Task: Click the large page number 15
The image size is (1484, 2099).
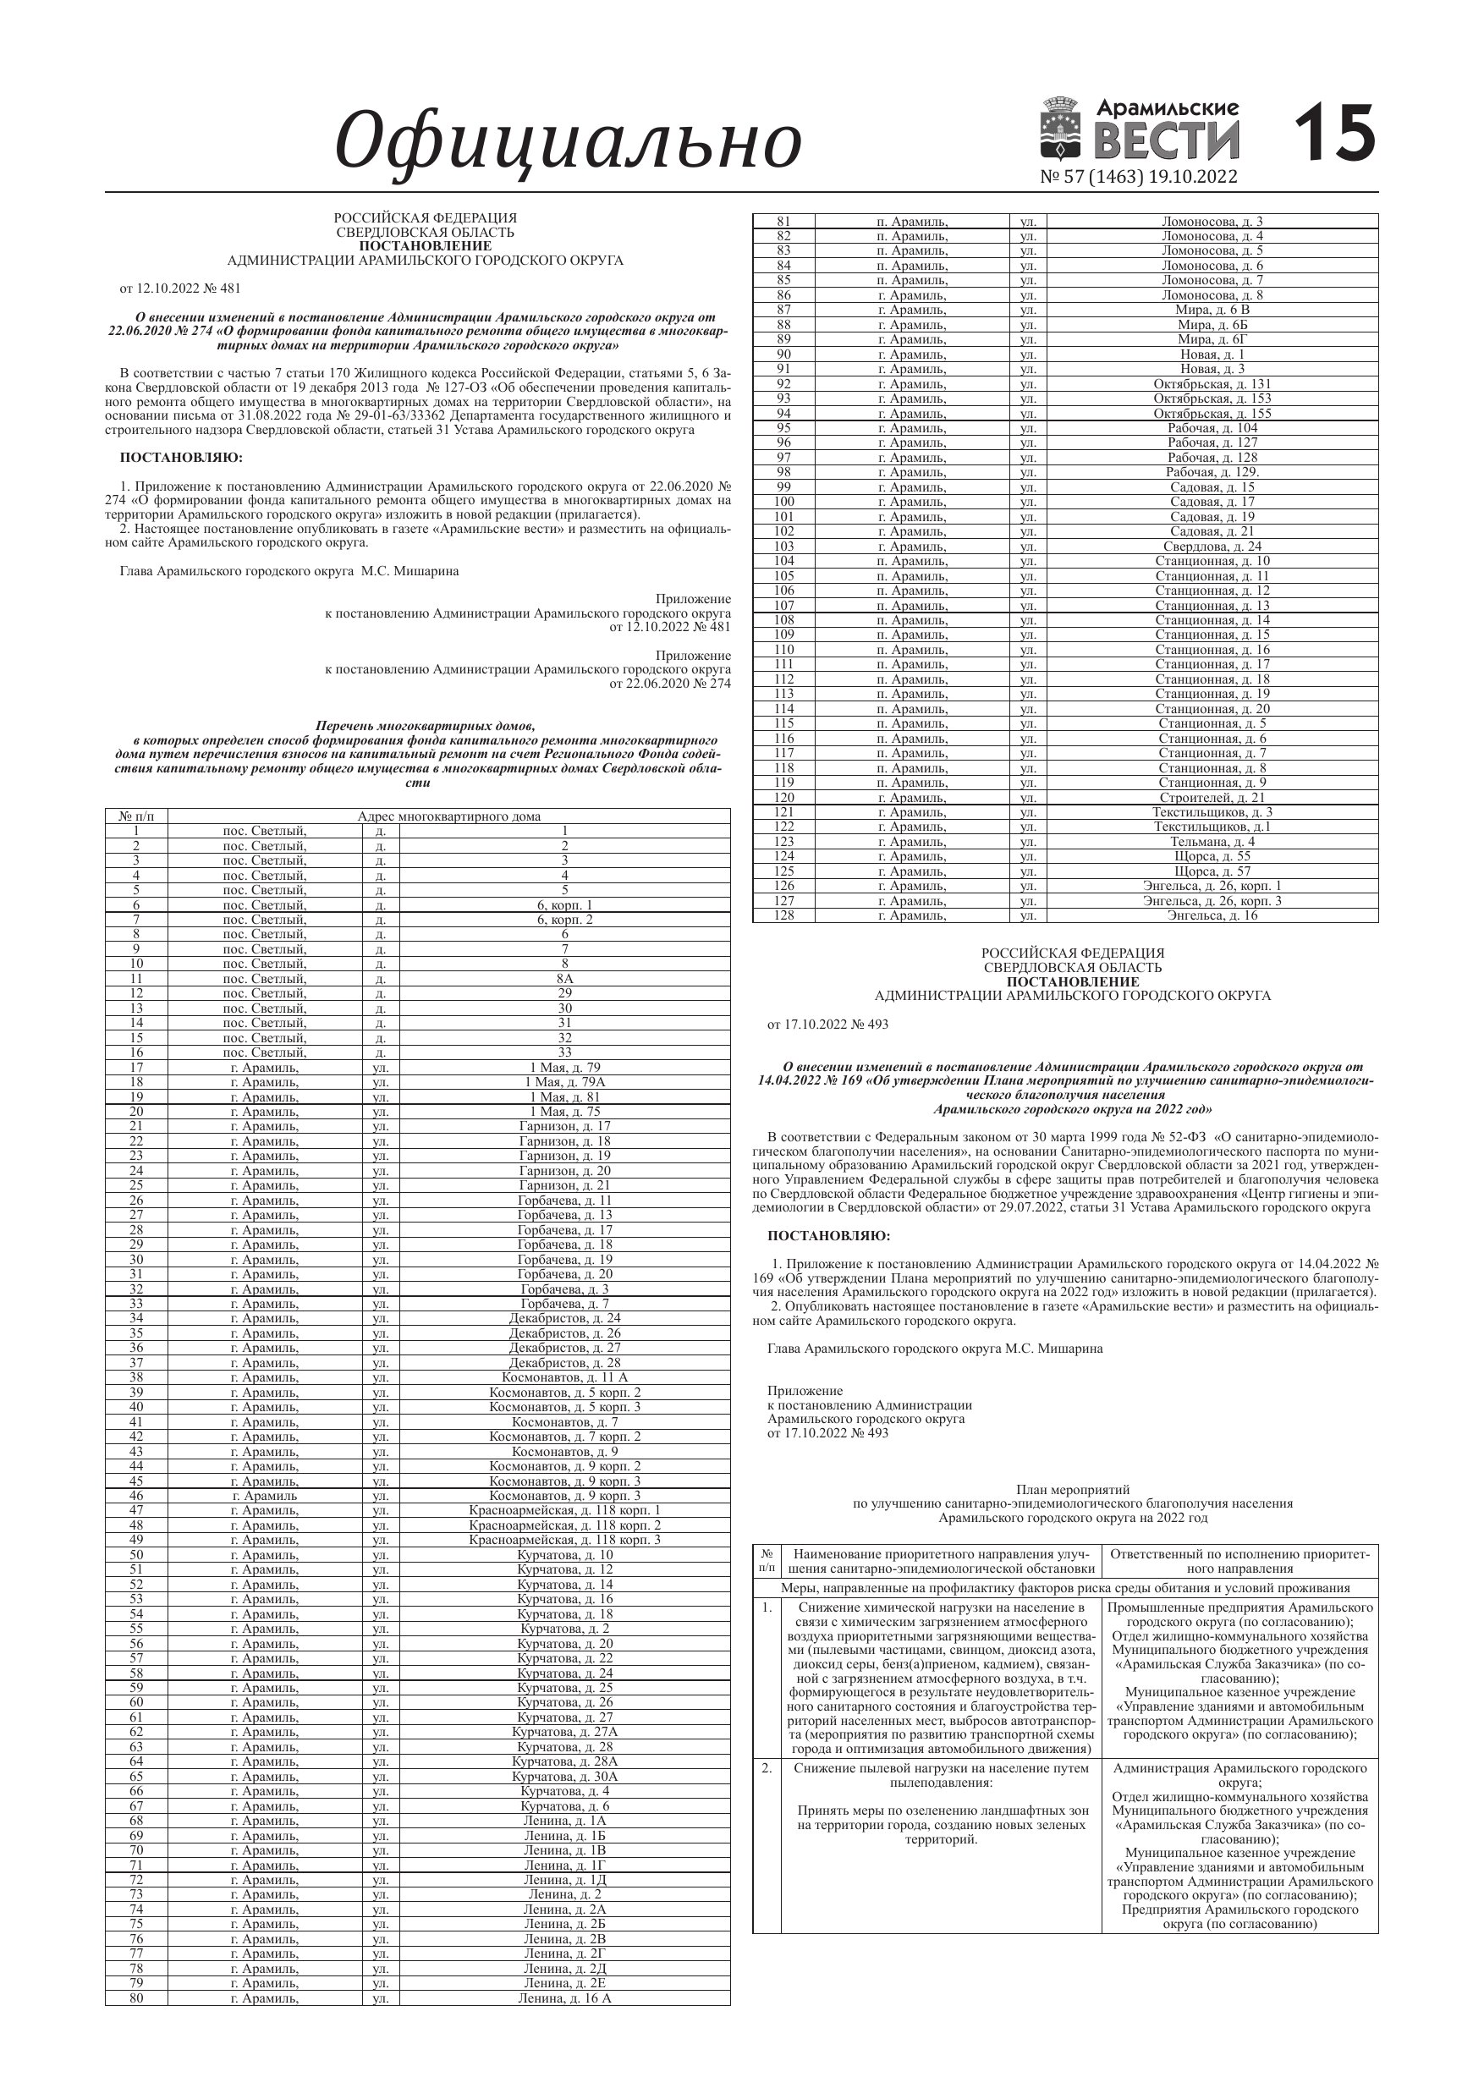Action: coord(1335,134)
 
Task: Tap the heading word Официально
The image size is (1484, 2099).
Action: coord(568,141)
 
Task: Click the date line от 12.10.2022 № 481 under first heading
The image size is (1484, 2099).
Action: coord(180,288)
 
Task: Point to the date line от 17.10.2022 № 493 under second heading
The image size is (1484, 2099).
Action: coord(827,1024)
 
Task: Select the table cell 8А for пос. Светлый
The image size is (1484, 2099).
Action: coord(564,979)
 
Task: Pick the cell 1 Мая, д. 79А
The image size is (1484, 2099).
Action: coord(564,1082)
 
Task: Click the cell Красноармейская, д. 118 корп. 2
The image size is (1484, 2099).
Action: coord(564,1525)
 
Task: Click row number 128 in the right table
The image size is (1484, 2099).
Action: coord(783,915)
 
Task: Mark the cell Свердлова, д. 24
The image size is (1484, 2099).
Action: coord(1212,547)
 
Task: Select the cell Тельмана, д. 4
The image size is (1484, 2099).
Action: coord(1212,841)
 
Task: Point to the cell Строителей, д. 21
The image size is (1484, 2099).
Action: coord(1212,797)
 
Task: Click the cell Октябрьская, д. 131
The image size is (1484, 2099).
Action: coord(1212,384)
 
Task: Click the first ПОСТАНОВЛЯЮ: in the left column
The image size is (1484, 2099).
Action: coord(181,457)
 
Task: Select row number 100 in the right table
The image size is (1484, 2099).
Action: coord(783,502)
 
